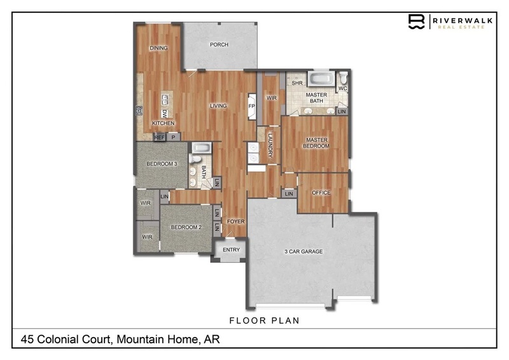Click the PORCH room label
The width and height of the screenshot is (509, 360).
(x=219, y=45)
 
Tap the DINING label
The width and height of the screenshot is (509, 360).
(x=158, y=48)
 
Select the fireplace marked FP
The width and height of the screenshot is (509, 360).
(x=252, y=106)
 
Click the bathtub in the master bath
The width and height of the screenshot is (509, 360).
(x=321, y=79)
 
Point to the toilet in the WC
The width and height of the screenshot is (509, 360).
(x=343, y=77)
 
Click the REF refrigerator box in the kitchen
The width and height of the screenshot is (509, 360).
(x=160, y=137)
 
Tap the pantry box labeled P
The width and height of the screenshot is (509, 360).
(x=174, y=137)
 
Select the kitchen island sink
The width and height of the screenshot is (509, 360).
(x=165, y=100)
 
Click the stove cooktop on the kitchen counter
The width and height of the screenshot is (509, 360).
(x=139, y=111)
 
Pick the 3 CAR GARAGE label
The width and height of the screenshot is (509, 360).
(x=303, y=251)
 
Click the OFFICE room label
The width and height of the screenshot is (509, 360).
(x=321, y=193)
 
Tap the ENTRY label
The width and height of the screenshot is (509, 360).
(x=231, y=249)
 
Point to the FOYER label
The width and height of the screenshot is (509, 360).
(x=235, y=221)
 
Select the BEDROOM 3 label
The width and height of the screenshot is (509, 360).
(x=162, y=164)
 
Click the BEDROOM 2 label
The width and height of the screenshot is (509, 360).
(x=186, y=227)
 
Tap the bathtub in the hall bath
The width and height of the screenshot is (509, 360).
(x=202, y=148)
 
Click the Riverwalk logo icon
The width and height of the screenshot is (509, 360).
(x=417, y=22)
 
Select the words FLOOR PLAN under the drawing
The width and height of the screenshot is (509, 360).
(x=264, y=321)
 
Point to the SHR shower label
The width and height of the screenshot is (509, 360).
(x=297, y=83)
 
